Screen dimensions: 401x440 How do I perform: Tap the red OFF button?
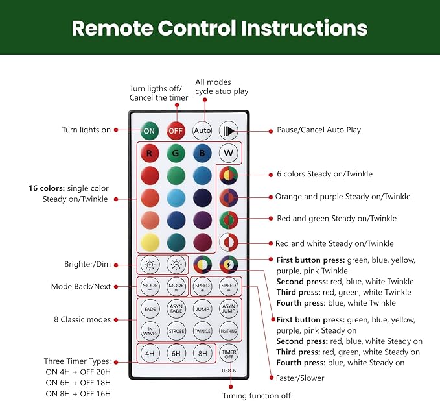176,130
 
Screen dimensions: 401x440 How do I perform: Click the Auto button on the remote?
202,130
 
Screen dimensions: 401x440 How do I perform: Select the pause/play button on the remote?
228,130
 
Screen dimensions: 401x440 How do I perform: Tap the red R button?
150,154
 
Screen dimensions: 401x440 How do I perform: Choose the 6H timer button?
176,353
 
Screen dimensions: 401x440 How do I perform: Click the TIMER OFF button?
228,353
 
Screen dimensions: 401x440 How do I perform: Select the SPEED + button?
202,286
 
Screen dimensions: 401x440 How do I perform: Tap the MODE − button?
176,286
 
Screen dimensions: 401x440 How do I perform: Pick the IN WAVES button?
150,331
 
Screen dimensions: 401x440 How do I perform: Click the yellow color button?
150,242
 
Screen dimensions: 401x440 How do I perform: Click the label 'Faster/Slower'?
299,378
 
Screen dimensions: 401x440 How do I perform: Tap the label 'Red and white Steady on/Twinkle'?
334,243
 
